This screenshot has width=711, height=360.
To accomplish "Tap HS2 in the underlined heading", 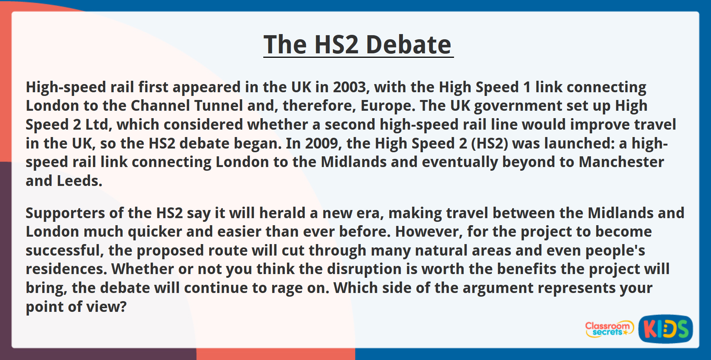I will (337, 45).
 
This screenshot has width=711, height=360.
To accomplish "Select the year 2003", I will (349, 87).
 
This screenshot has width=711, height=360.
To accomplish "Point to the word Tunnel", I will (218, 106).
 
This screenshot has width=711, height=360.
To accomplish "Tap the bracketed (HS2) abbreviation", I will (490, 144).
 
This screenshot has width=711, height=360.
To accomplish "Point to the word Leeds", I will (79, 181).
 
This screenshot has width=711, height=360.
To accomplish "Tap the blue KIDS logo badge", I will (665, 329).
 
